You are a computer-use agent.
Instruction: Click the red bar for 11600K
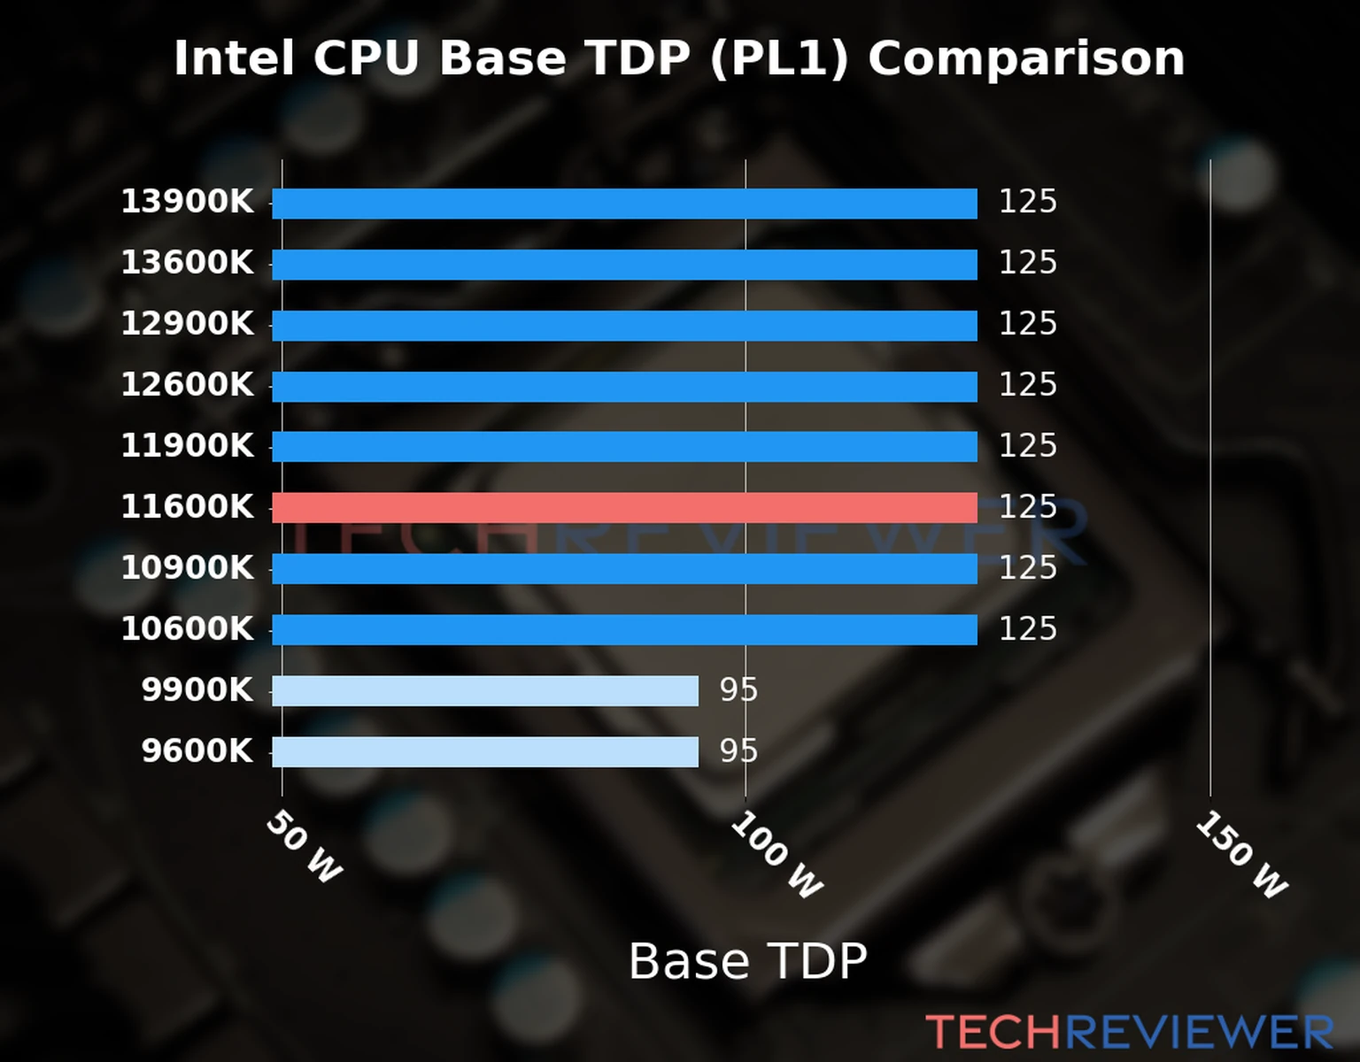[x=624, y=508]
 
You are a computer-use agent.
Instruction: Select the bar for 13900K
[x=624, y=204]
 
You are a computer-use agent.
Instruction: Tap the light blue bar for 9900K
[x=485, y=690]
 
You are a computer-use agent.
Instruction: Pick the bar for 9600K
[x=485, y=751]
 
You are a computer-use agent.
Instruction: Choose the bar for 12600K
[x=624, y=387]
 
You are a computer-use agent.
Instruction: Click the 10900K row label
[x=187, y=568]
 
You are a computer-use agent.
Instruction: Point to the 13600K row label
[x=187, y=263]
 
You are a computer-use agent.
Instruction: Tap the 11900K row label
[x=187, y=446]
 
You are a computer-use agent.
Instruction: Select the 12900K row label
[x=187, y=324]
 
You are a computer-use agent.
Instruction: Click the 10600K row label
[x=187, y=629]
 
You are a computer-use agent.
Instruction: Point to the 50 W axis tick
[x=304, y=847]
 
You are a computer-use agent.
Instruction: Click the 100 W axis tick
[x=777, y=855]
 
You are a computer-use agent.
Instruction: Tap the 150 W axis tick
[x=1241, y=855]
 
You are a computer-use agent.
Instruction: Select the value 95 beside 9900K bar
[x=738, y=690]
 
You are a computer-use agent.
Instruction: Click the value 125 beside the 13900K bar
[x=1027, y=203]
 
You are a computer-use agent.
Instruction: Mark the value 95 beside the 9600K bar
[x=738, y=751]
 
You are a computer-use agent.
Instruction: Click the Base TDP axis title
[x=747, y=961]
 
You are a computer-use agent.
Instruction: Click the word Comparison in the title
[x=1025, y=59]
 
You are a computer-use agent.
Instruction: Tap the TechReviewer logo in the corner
[x=1129, y=1033]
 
